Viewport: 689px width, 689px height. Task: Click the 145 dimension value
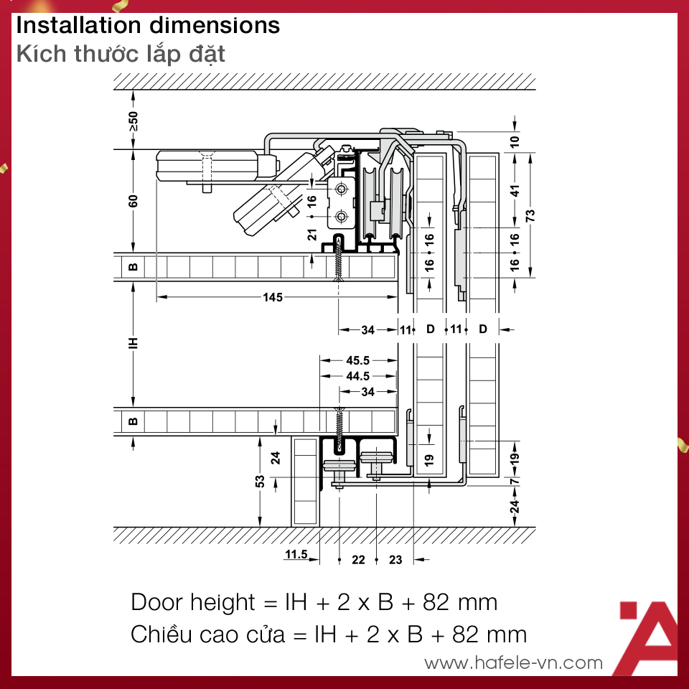[273, 297]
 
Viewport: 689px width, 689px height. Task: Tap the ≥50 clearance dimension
[133, 121]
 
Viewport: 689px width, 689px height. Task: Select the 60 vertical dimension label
[133, 201]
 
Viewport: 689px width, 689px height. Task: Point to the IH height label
[133, 343]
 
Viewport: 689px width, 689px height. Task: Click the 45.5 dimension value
[357, 360]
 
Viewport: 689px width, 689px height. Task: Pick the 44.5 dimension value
[357, 376]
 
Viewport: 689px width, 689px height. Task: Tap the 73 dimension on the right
[530, 215]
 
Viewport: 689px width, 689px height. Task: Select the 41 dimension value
[515, 191]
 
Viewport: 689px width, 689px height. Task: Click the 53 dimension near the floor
[260, 481]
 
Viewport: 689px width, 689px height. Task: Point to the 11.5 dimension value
[296, 554]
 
